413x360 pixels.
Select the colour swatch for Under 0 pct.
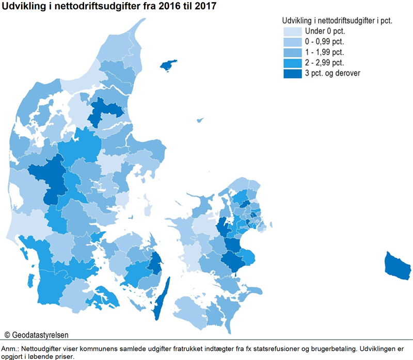tap(291, 31)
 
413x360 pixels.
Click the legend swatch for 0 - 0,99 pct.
tap(291, 41)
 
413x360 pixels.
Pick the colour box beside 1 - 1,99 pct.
tap(291, 52)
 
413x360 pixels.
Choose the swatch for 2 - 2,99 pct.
tap(291, 62)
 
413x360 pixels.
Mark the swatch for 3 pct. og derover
tap(291, 73)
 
